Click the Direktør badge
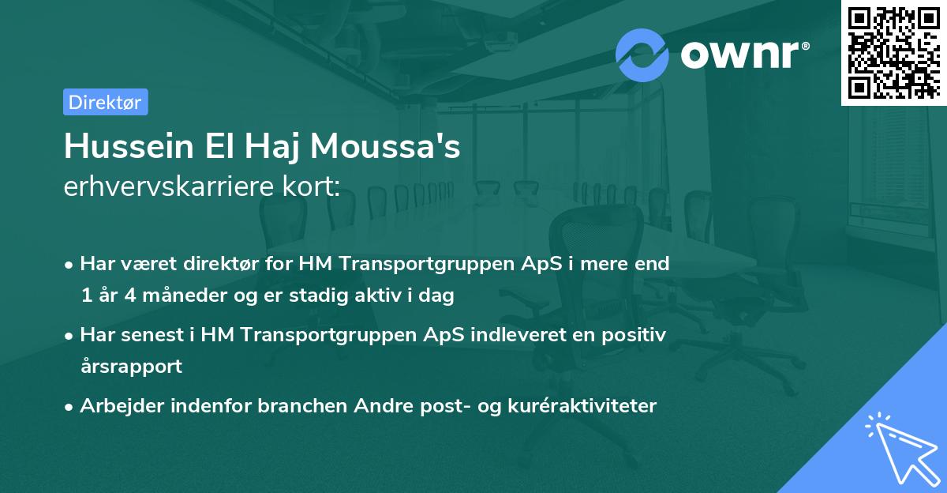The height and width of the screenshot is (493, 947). tap(105, 102)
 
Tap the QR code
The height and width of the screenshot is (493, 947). tap(893, 52)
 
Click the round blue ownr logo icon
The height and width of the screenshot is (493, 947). tap(642, 55)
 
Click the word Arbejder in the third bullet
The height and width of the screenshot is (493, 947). tap(117, 405)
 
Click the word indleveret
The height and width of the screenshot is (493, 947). tap(515, 334)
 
